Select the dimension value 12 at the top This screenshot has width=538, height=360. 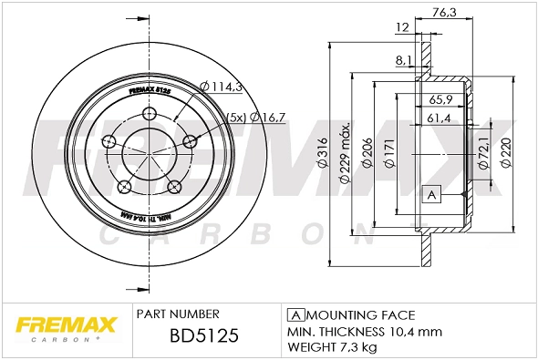tap(402, 27)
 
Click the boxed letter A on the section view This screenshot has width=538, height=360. tap(432, 194)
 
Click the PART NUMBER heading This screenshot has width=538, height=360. tap(177, 313)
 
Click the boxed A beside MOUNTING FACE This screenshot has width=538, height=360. tap(295, 313)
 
